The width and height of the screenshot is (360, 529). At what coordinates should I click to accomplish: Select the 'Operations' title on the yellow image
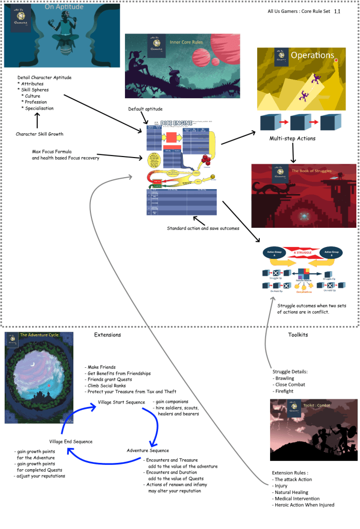312,55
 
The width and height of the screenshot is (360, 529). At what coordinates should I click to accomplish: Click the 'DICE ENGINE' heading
176,123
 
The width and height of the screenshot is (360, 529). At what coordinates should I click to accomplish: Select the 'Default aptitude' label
145,109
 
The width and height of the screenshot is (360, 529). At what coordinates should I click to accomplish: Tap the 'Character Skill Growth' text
40,134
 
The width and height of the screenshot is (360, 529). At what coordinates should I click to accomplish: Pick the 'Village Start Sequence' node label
121,402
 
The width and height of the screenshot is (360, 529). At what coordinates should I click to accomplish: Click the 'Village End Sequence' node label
71,441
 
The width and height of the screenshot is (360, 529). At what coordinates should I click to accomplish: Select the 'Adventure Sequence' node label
148,450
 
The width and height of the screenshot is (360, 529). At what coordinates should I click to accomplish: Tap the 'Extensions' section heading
107,335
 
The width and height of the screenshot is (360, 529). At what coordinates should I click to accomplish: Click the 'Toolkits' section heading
298,335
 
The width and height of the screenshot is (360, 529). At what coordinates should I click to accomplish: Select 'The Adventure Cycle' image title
39,335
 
